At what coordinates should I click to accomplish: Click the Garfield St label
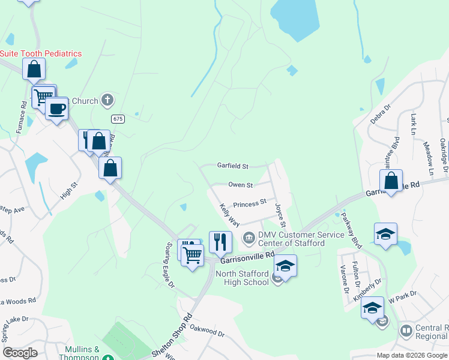[232, 166]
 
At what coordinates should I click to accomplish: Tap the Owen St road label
[240, 185]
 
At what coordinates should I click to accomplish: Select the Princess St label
[249, 204]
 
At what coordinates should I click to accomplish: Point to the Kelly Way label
[225, 214]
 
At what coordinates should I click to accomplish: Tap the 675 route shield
[118, 119]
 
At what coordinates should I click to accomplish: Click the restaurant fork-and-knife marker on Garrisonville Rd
[220, 241]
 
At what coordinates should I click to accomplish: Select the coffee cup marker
[57, 109]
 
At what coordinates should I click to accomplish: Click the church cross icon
[107, 100]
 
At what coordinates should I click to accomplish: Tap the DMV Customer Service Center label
[291, 239]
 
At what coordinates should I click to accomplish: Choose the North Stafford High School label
[242, 278]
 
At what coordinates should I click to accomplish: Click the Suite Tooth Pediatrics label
[41, 53]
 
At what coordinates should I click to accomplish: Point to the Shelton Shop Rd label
[174, 337]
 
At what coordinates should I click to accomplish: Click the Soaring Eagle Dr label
[169, 265]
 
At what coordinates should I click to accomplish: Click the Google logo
[20, 353]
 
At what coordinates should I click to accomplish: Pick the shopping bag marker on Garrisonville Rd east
[391, 181]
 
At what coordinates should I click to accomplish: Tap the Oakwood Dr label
[206, 330]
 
